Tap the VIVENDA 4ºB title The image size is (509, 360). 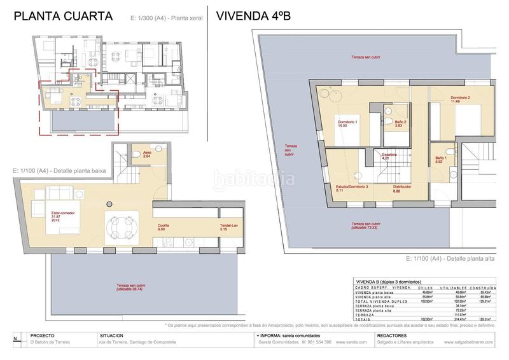[253, 16]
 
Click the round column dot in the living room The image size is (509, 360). [109, 204]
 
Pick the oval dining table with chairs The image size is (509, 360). [122, 227]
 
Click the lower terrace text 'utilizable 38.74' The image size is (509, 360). [128, 289]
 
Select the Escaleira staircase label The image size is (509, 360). [390, 156]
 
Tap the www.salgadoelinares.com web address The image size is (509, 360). [471, 342]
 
